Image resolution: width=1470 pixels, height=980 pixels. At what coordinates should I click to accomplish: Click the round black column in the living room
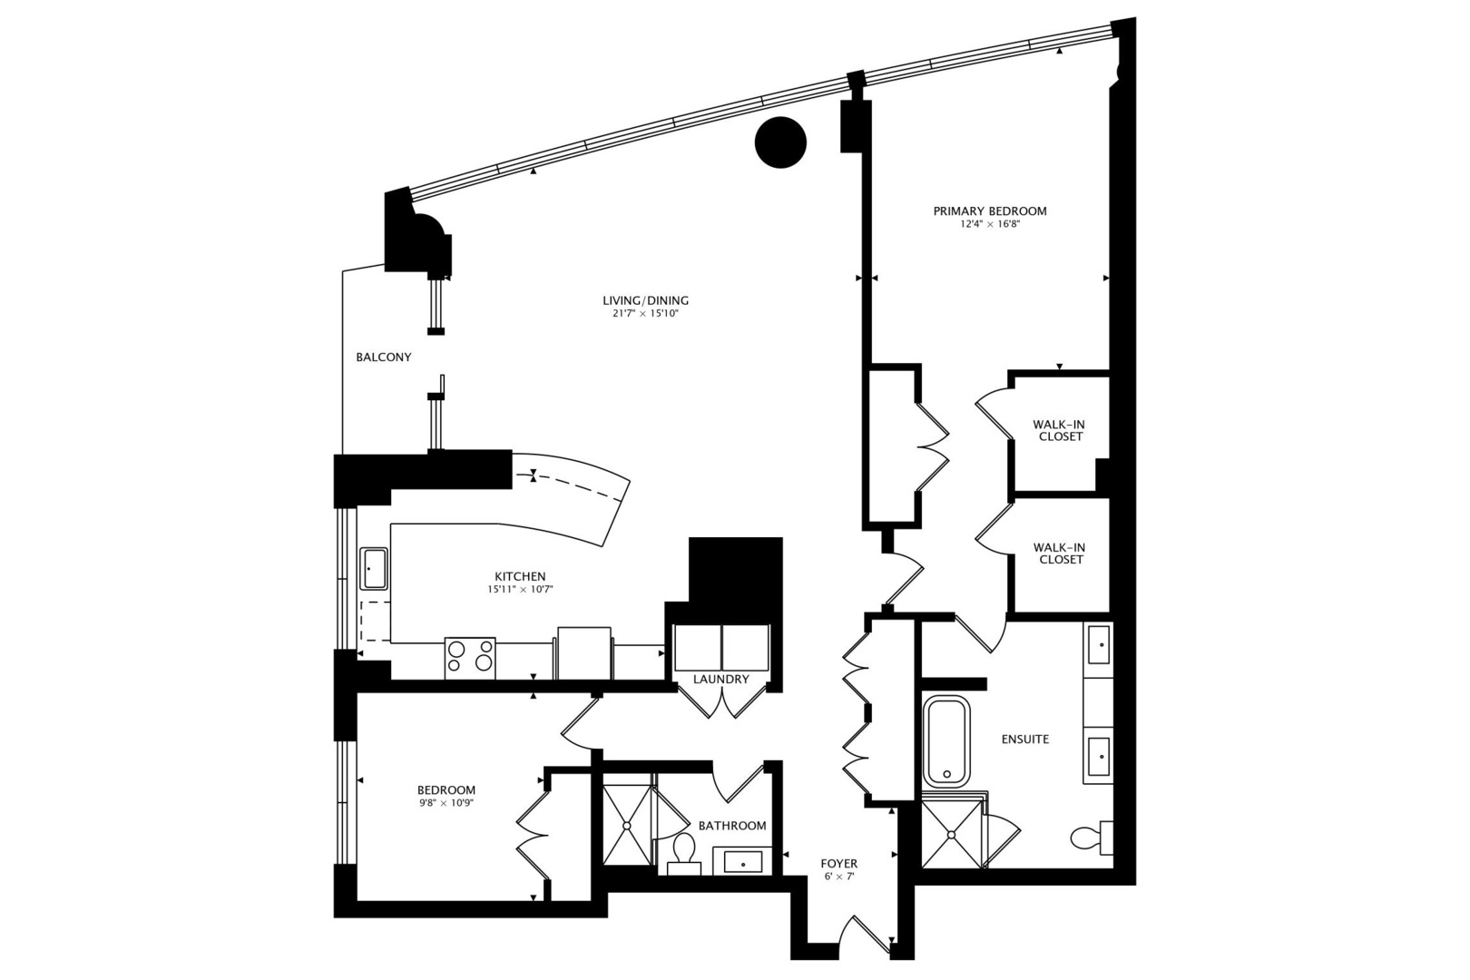(780, 142)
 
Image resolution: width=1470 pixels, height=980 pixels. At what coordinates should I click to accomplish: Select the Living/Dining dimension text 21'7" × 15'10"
(645, 314)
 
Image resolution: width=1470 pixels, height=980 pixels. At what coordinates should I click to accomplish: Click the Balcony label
(383, 358)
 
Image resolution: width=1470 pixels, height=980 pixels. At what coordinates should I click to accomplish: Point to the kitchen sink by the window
(373, 569)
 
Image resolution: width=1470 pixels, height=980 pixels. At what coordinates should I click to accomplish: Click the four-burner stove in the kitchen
(470, 657)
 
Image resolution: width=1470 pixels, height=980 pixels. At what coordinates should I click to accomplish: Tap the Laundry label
(720, 679)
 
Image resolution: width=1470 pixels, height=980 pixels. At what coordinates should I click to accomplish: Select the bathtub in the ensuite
(946, 741)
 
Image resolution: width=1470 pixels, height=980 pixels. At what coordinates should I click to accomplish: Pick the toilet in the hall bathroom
(683, 851)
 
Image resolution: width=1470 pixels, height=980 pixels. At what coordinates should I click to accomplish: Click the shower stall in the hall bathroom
(627, 825)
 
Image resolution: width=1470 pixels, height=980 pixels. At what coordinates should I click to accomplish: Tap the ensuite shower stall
(952, 833)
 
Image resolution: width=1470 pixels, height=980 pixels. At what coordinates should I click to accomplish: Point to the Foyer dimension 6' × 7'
(838, 877)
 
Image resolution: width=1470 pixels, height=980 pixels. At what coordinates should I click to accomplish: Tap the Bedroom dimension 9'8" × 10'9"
(446, 802)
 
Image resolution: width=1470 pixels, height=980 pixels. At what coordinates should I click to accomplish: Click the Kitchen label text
(520, 576)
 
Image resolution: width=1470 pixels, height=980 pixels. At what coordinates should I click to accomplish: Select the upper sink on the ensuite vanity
(1098, 645)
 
